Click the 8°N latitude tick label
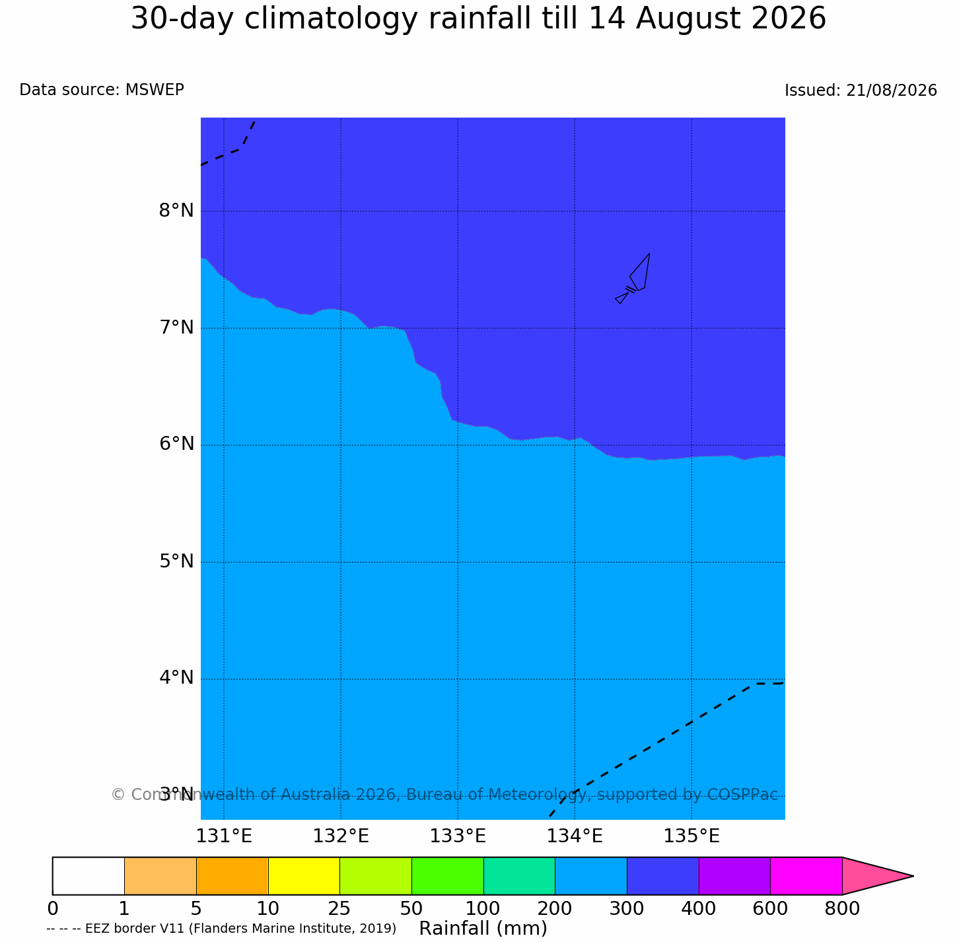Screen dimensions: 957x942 coord(176,211)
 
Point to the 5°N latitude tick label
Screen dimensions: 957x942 coord(176,562)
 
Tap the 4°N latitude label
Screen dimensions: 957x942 coord(176,678)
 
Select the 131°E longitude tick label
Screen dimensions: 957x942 coord(224,837)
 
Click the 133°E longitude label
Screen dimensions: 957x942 coord(458,837)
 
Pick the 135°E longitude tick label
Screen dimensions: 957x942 coord(691,837)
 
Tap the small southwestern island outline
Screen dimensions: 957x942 coord(621,298)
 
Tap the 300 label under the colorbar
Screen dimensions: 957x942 coord(626,909)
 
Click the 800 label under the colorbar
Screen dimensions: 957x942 coord(842,909)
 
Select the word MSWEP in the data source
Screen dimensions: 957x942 coord(155,90)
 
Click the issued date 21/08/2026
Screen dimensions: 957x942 coord(892,91)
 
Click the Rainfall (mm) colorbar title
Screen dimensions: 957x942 coord(483,928)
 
